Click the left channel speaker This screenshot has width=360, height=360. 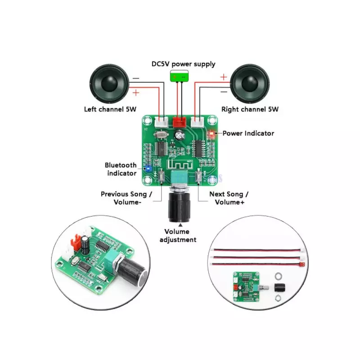[109, 84]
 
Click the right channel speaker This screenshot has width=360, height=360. [250, 84]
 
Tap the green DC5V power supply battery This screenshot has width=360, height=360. [179, 76]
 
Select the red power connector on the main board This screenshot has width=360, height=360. [180, 122]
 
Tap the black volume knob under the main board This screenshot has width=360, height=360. [179, 207]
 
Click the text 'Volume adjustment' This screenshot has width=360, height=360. [178, 235]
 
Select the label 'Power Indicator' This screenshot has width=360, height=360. [248, 133]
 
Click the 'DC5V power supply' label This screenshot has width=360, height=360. [184, 64]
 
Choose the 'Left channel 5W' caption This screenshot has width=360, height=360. [110, 109]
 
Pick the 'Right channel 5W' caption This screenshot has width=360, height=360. [250, 109]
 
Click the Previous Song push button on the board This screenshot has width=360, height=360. [162, 176]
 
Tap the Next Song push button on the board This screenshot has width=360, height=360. [198, 176]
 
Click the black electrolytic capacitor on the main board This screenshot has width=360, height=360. [180, 135]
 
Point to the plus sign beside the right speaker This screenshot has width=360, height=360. [223, 77]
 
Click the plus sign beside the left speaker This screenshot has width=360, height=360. [136, 93]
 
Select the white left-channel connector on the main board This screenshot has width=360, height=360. [161, 122]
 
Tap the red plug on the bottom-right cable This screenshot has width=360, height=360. [303, 264]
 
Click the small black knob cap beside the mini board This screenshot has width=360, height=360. [279, 287]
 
